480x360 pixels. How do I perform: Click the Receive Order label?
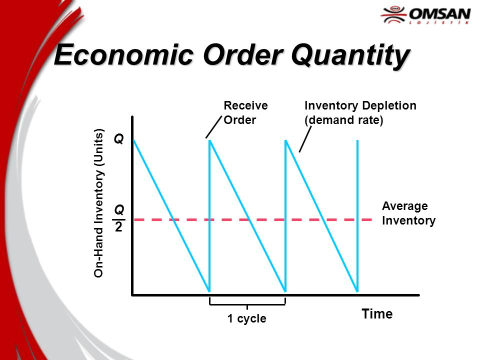point(245,113)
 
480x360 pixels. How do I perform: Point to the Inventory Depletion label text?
point(360,106)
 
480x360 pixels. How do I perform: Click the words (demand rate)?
point(344,120)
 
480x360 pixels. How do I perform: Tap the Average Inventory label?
point(408,213)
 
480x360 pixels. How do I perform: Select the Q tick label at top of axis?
point(118,139)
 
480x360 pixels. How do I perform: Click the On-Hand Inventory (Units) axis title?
point(99,202)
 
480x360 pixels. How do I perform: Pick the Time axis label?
point(377,314)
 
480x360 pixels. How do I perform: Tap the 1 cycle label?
point(246,318)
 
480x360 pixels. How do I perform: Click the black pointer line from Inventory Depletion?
point(305,139)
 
